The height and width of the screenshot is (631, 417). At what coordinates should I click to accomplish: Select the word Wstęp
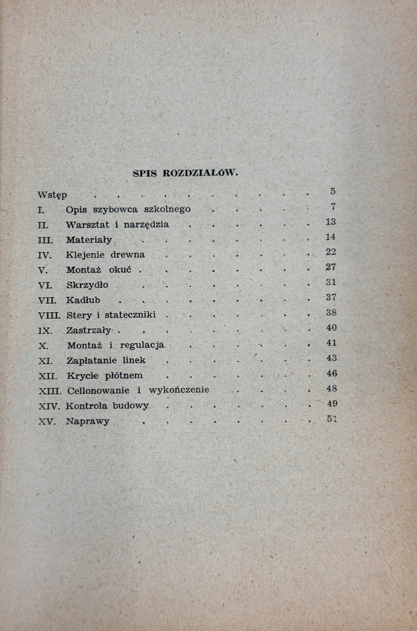pos(52,195)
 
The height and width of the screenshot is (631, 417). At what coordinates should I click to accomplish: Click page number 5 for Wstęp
pos(333,192)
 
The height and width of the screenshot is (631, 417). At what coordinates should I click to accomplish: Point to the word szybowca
pos(117,209)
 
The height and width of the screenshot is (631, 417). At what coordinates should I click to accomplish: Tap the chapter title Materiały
pos(89,240)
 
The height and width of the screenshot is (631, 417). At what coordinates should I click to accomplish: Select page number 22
pos(330,252)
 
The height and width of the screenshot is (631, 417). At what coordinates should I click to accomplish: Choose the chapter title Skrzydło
pos(87,285)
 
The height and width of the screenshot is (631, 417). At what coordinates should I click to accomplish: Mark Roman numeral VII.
pos(47,301)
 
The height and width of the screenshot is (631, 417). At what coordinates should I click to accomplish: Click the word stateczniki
pos(130,315)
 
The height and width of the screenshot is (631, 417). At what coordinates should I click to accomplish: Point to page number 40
pos(331,328)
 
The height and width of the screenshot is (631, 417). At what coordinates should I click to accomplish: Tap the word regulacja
pos(142,345)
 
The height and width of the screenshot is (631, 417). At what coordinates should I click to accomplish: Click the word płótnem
pos(125,376)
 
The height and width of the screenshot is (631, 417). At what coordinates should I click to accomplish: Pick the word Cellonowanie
pos(98,391)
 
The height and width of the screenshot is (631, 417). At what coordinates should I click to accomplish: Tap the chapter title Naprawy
pos(87,422)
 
